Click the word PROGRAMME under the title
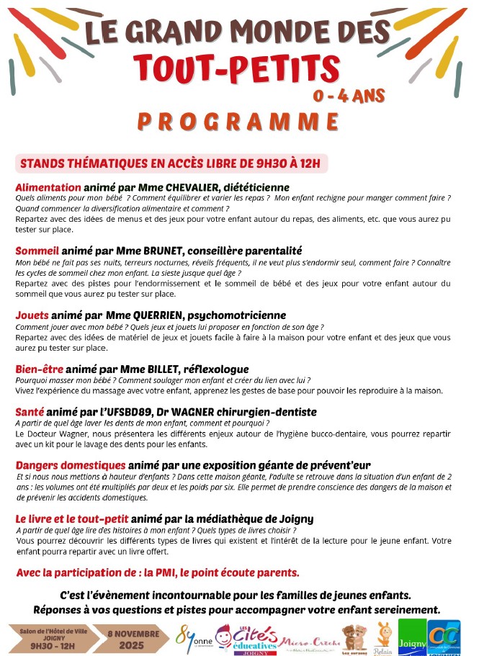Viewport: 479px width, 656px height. pos(238,122)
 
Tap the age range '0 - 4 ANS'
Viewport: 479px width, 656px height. pos(349,95)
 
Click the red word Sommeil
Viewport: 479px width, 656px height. pos(37,251)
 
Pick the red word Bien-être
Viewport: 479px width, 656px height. pos(39,369)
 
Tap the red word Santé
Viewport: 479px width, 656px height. pos(31,411)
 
